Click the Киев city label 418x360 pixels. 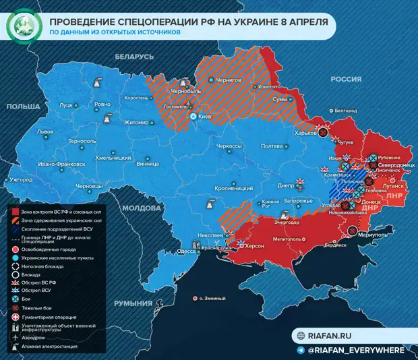tap(206, 117)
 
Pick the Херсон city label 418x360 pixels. tap(255, 247)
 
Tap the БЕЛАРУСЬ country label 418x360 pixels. tap(135, 57)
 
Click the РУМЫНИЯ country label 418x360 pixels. tap(133, 304)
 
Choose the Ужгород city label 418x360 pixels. tap(20, 180)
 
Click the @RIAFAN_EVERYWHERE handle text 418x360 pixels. tap(357, 350)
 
